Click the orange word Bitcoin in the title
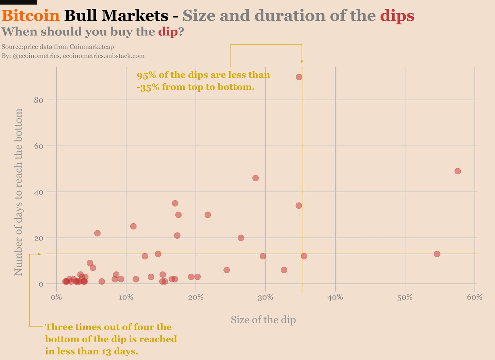click(x=31, y=16)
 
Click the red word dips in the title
click(x=397, y=16)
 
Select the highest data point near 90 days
click(x=299, y=77)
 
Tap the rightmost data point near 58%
click(x=458, y=171)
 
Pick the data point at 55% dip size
click(x=437, y=254)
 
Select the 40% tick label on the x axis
click(x=335, y=297)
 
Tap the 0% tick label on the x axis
click(x=56, y=297)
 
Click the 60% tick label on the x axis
click(x=475, y=297)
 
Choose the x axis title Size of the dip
click(x=263, y=320)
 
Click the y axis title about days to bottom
click(x=18, y=192)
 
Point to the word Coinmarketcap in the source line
click(x=94, y=47)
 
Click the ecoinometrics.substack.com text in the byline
click(x=104, y=56)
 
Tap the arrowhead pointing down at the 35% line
click(x=302, y=62)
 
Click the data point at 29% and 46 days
click(x=256, y=178)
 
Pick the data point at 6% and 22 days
click(x=97, y=233)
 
